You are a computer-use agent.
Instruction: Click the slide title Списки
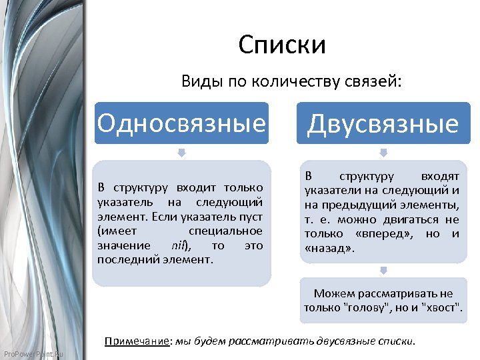click(282, 45)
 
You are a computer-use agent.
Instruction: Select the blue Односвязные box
click(181, 123)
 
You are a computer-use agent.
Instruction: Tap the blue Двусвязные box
click(383, 124)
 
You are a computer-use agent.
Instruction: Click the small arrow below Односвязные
click(181, 153)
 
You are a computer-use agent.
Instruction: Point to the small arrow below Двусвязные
click(383, 153)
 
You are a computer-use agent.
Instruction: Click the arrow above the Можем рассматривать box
click(383, 270)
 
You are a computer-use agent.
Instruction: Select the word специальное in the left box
click(225, 231)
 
